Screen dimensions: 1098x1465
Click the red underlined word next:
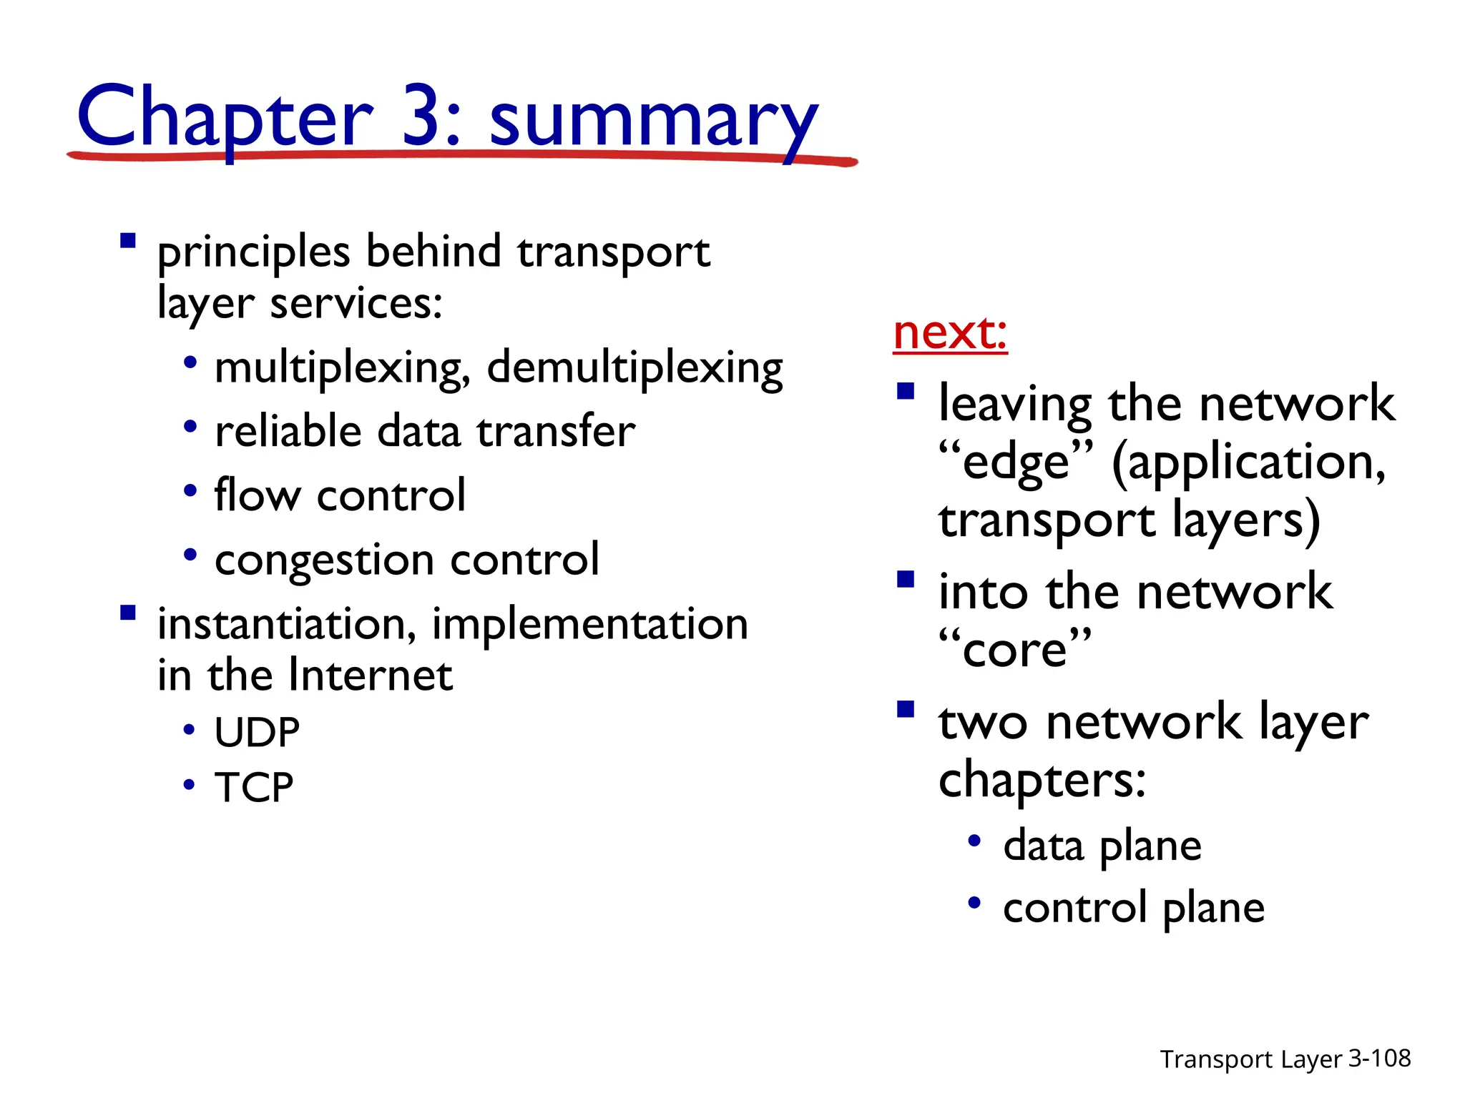950,333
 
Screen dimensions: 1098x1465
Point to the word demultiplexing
634,369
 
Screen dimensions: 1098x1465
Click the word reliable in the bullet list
288,432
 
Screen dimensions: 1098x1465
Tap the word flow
258,495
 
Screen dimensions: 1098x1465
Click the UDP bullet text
257,732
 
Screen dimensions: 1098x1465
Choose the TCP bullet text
254,788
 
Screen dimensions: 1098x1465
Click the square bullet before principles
128,240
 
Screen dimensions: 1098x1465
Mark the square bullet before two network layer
906,709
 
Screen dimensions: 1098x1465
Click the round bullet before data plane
974,841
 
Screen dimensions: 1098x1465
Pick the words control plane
1133,909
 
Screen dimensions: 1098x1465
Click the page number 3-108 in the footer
1379,1058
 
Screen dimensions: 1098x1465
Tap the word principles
253,253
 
